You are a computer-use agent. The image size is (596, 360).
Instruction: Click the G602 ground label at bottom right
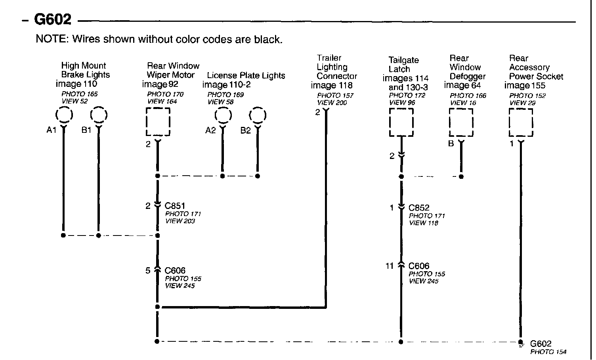[x=541, y=344]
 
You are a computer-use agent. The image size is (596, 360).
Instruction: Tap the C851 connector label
[x=175, y=206]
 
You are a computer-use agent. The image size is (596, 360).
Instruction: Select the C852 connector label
[x=419, y=208]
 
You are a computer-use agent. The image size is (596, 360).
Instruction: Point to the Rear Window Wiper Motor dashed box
[x=158, y=122]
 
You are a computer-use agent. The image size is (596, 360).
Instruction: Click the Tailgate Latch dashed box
[x=401, y=123]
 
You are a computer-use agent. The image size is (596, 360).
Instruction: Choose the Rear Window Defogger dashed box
[x=461, y=123]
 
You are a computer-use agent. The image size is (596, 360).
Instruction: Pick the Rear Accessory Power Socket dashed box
[x=521, y=123]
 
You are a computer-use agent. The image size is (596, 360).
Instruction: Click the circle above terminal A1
[x=64, y=115]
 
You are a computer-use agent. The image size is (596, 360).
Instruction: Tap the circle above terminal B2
[x=258, y=116]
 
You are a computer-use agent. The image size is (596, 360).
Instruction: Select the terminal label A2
[x=210, y=130]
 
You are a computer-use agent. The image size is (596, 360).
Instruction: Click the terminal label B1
[x=87, y=130]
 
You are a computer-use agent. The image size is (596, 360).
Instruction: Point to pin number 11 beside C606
[x=390, y=266]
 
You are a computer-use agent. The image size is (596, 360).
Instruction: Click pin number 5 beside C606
[x=148, y=270]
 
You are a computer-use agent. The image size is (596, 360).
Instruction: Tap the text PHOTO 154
[x=548, y=352]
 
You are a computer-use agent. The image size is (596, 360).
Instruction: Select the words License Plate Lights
[x=246, y=75]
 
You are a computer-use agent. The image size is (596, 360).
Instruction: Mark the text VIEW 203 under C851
[x=180, y=221]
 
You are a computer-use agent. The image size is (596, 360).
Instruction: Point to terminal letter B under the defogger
[x=451, y=144]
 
